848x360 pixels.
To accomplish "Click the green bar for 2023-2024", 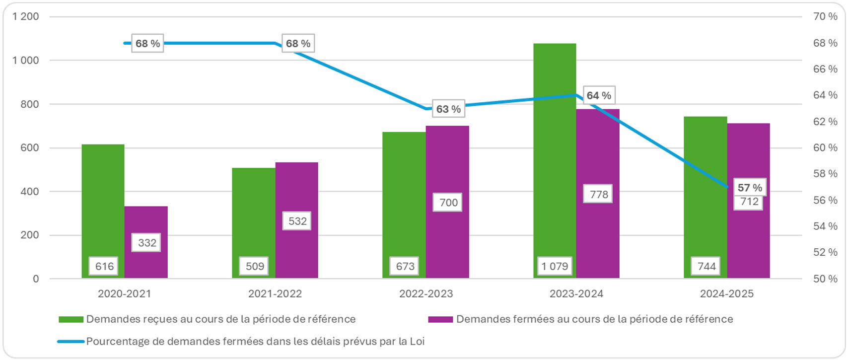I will click(555, 149).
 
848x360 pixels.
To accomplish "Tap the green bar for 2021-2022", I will click(253, 214).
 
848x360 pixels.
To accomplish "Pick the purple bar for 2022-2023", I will click(447, 164).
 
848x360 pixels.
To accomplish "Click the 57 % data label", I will click(749, 188).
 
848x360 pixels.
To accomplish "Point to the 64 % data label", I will click(598, 95).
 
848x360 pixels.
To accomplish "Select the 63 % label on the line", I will click(448, 109).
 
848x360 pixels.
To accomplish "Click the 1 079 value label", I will click(555, 266).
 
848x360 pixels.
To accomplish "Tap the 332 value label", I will click(147, 243).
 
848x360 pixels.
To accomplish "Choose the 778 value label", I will click(598, 194).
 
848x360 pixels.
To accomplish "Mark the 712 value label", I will click(749, 202).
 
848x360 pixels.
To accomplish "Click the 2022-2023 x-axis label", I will click(426, 294).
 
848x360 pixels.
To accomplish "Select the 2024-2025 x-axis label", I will click(726, 294).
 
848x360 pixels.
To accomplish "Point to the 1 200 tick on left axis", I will click(26, 17).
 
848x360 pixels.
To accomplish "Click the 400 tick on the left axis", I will click(29, 192).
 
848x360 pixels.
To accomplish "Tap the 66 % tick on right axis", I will click(825, 69).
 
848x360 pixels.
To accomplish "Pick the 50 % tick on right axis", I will click(825, 279).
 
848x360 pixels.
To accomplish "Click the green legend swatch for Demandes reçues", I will click(71, 319).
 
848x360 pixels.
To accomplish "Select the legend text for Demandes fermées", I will click(594, 319).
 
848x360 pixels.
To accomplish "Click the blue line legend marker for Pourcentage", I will click(71, 342).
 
